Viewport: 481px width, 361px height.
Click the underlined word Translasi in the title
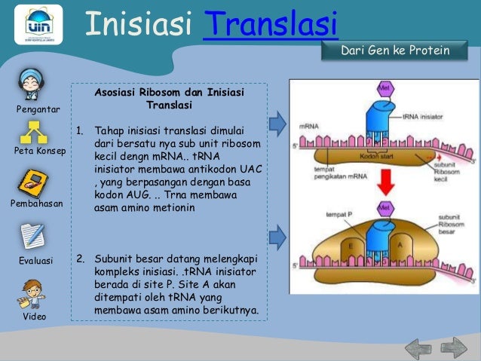coord(270,24)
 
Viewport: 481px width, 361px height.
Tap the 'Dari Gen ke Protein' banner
coord(396,51)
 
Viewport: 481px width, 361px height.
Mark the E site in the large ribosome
coord(351,245)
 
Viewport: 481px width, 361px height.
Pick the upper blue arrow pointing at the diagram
coord(278,121)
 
